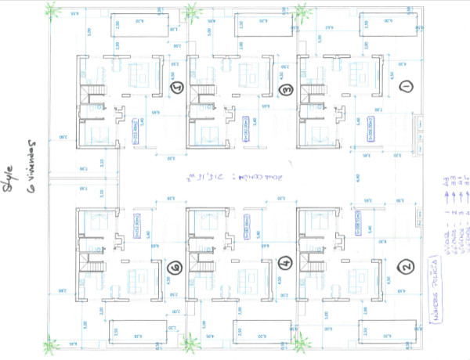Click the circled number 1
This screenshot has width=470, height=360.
(405, 86)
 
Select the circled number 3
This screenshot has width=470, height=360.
(287, 88)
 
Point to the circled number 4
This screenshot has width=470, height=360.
(285, 263)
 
